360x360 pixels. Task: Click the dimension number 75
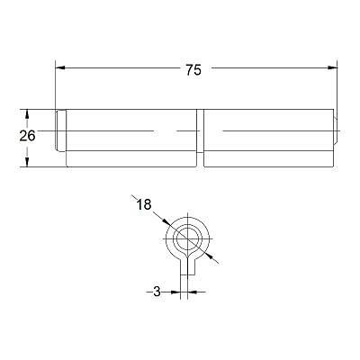tap(193, 70)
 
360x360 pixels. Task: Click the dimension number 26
tap(27, 136)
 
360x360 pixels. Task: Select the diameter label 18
tap(144, 205)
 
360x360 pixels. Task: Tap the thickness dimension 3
tap(157, 292)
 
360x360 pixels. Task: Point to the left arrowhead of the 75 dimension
tap(60, 68)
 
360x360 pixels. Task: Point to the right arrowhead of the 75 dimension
tap(332, 68)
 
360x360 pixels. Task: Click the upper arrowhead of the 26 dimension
tap(27, 114)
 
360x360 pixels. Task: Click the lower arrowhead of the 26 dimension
tap(27, 162)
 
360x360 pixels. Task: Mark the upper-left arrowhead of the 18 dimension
tap(166, 222)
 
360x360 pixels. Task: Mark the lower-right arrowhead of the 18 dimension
tap(208, 256)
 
